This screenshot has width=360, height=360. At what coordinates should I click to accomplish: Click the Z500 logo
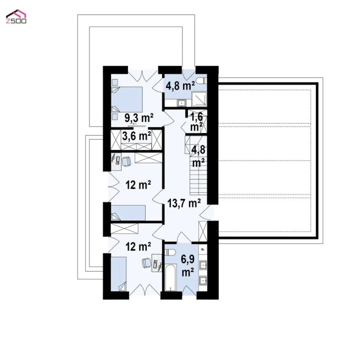(16, 16)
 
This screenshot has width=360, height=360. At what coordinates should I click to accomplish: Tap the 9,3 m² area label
(139, 118)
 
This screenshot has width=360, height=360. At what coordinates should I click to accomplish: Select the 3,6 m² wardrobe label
(137, 136)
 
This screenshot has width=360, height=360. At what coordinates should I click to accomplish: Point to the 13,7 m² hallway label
(184, 203)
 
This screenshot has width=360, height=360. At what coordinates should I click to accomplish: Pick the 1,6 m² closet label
(197, 122)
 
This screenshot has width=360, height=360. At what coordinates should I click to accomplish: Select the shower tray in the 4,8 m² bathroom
(200, 99)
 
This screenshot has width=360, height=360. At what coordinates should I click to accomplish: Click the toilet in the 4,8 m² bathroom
(203, 81)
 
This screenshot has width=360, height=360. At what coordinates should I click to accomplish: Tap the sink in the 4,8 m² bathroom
(182, 103)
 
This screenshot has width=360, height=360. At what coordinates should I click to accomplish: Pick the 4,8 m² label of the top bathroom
(180, 86)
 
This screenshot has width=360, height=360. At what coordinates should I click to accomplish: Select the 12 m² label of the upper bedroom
(138, 185)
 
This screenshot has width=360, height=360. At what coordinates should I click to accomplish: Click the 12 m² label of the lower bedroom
(138, 247)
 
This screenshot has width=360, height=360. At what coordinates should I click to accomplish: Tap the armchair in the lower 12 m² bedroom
(147, 263)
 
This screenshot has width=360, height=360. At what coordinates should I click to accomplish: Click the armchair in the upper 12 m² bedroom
(126, 161)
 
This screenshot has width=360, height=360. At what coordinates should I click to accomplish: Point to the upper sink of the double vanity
(203, 265)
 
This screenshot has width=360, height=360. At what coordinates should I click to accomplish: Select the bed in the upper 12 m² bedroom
(128, 213)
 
